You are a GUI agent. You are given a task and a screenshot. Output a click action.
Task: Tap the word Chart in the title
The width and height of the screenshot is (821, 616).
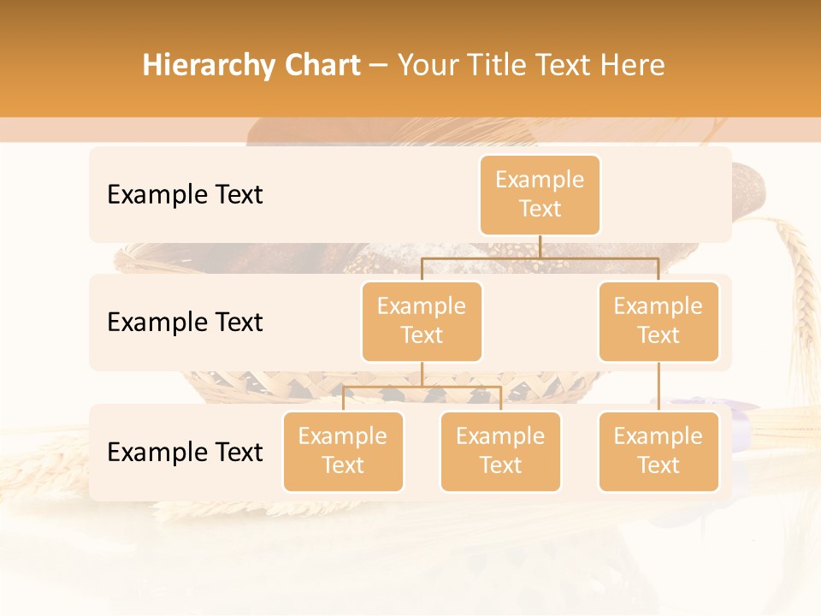(319, 66)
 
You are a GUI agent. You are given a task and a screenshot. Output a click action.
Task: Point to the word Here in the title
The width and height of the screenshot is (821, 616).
(632, 66)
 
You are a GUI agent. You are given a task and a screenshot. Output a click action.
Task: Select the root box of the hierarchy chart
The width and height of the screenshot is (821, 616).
(540, 195)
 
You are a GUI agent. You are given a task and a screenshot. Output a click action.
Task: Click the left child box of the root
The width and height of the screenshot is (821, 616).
(422, 322)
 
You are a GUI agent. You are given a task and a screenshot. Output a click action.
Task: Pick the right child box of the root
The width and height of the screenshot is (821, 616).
(659, 322)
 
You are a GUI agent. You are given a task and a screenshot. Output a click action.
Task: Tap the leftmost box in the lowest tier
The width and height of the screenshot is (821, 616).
(343, 452)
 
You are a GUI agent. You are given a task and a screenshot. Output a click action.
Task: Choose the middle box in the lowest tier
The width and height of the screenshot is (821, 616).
(500, 452)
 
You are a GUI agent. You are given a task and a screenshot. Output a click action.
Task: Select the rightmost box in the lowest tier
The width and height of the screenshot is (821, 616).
(659, 452)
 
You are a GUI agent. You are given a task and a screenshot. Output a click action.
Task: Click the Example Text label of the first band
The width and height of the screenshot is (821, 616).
(185, 195)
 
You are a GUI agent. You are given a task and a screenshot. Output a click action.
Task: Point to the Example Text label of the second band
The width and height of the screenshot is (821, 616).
(185, 323)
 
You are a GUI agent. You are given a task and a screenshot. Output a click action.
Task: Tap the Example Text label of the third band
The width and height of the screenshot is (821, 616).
(185, 453)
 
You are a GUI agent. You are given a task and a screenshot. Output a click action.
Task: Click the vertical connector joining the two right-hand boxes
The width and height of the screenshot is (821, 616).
(659, 387)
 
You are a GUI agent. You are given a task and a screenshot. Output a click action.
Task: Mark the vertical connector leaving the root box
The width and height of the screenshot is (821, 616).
(540, 246)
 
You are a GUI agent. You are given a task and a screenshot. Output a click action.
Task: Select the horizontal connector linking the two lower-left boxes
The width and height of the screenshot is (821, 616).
(422, 387)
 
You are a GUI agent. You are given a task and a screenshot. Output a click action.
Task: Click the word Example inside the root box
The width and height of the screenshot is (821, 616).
(540, 180)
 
